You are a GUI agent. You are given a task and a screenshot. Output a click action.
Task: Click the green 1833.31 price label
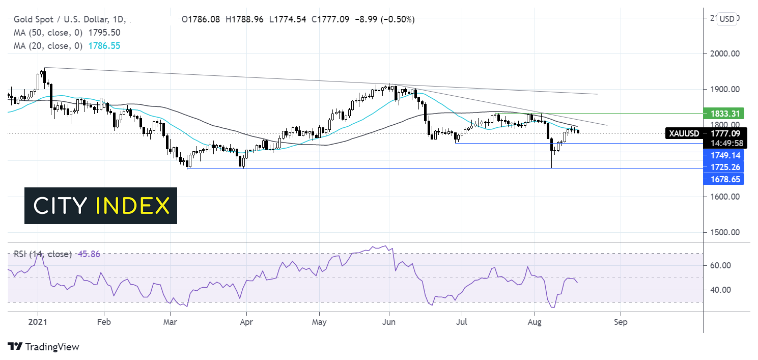(x=723, y=113)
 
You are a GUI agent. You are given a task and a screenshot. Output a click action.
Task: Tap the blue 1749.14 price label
(x=723, y=155)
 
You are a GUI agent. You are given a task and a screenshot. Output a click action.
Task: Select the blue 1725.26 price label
(x=723, y=167)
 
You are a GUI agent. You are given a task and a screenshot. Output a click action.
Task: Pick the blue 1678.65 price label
(x=723, y=179)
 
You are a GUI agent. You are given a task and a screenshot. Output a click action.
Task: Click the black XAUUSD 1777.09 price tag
(x=705, y=133)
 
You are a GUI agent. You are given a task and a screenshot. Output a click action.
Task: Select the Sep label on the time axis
(x=621, y=322)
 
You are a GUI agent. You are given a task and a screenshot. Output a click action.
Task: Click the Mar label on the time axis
(x=171, y=322)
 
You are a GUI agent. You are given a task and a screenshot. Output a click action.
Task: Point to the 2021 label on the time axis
(x=37, y=322)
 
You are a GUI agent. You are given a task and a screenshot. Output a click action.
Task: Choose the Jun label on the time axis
(x=388, y=322)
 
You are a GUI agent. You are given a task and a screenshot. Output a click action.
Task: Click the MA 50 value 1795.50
(x=104, y=33)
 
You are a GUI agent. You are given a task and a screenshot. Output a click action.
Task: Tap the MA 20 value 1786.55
(x=104, y=46)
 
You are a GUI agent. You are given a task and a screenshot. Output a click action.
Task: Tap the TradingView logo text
(x=52, y=347)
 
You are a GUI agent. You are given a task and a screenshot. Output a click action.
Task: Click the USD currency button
(x=727, y=19)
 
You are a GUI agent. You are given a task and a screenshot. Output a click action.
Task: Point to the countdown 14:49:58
(x=723, y=143)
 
